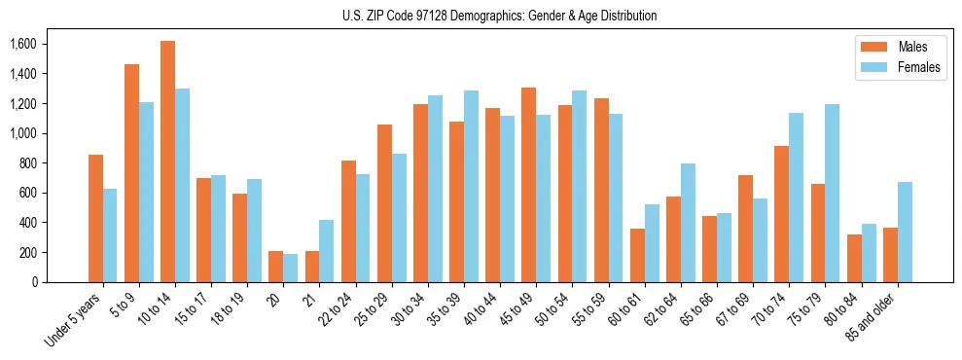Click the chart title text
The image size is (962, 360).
pos(481,16)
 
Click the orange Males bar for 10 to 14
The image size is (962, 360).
pos(167,162)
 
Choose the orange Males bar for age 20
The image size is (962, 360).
pos(275,267)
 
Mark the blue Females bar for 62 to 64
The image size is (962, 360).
pos(688,223)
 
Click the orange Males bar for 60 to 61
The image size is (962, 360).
pos(637,255)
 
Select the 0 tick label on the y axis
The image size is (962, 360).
pos(34,282)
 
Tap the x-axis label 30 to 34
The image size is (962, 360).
pos(410,311)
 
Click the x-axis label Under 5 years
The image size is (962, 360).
pos(72,322)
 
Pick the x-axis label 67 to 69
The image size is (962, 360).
pos(734,311)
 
